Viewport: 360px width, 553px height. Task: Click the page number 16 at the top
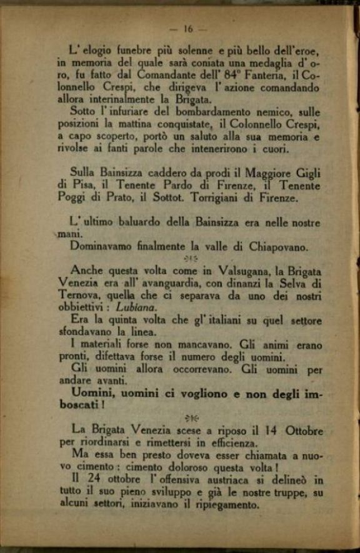pyautogui.click(x=189, y=29)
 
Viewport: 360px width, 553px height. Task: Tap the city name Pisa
pyautogui.click(x=84, y=186)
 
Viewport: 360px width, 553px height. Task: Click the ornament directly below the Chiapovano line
pyautogui.click(x=191, y=259)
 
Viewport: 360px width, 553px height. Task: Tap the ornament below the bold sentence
pyautogui.click(x=191, y=417)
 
